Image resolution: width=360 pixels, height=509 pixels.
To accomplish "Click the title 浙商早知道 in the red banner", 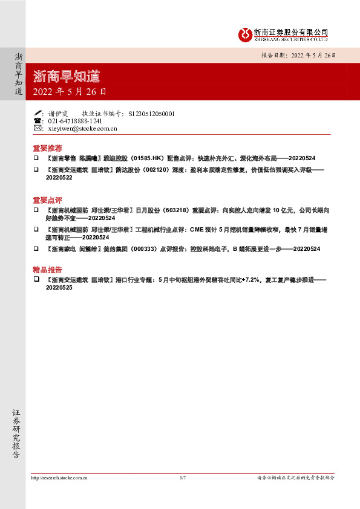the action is pos(66,77).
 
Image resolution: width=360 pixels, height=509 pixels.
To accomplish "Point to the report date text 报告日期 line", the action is pos(298,54).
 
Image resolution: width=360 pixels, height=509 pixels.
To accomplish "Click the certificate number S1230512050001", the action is pos(152,113).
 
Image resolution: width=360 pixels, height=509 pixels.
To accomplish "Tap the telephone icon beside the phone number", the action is pos(38,121).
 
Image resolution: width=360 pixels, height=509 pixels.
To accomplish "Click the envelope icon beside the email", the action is pos(38,128).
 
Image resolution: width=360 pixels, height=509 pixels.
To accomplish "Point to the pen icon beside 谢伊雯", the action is pos(38,113).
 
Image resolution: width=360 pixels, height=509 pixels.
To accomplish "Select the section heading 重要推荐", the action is pos(47,148).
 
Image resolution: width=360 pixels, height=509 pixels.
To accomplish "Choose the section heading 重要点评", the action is pos(47,199).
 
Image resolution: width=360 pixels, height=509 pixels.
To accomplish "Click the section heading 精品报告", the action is pos(47,270).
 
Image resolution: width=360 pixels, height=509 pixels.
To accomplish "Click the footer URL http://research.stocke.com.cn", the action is pos(59,478).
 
